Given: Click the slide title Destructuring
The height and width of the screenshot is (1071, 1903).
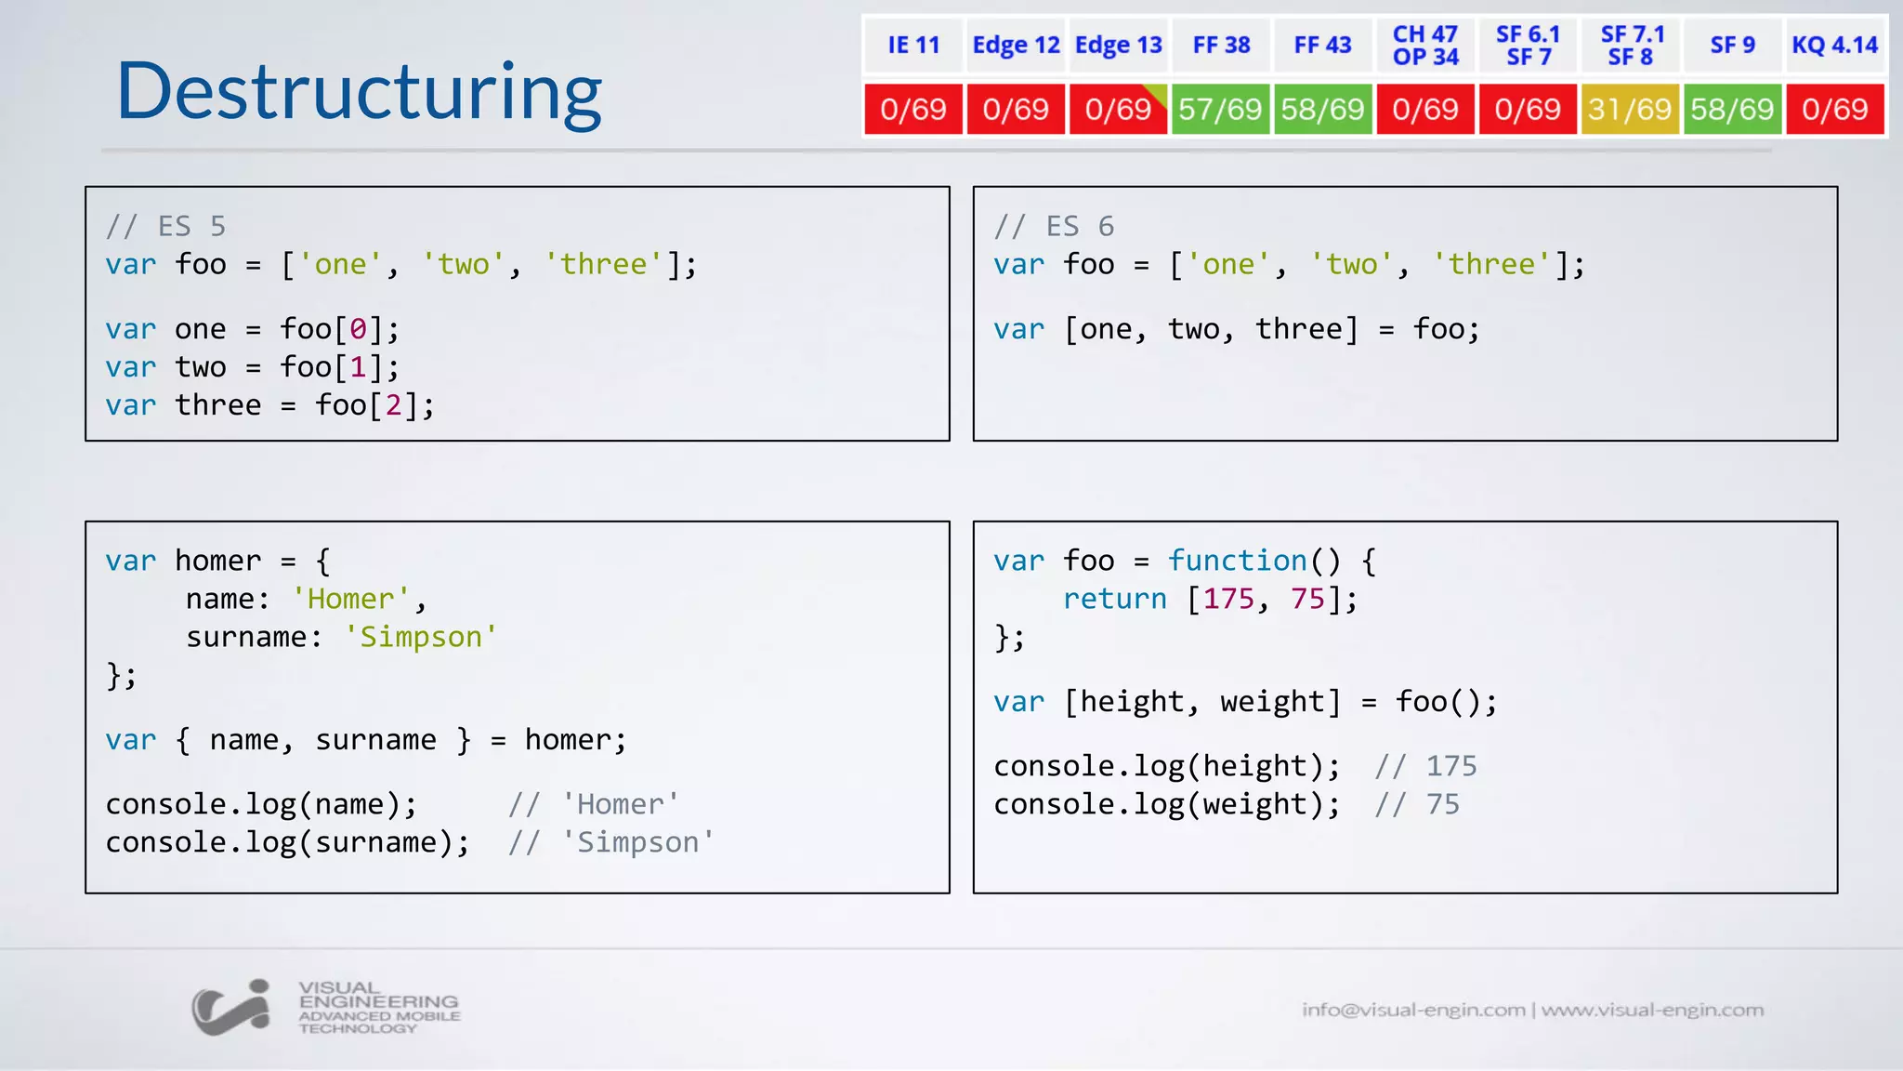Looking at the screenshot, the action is click(x=359, y=91).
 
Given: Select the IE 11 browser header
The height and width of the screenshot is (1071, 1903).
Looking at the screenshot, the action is click(x=913, y=46).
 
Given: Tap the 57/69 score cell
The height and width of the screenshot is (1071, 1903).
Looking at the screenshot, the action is click(x=1220, y=110).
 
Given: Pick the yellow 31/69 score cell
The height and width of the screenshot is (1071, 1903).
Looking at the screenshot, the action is click(x=1630, y=110).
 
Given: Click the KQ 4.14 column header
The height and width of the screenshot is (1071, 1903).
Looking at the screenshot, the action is click(x=1834, y=46).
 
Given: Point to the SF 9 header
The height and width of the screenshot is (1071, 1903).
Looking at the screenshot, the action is click(x=1732, y=46).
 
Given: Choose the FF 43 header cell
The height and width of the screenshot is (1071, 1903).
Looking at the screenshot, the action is click(x=1322, y=46).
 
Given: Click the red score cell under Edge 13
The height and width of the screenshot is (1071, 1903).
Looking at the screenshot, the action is click(x=1118, y=110).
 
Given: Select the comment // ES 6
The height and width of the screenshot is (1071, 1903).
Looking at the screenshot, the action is click(x=1054, y=226).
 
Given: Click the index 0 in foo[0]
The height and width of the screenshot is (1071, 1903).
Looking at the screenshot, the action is click(x=358, y=329).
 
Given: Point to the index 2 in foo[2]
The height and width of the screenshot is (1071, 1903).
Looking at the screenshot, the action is click(x=393, y=405).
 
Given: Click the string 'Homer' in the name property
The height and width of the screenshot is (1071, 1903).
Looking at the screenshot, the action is click(x=350, y=600).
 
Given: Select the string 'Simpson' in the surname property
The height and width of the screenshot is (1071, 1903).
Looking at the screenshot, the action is click(x=420, y=638).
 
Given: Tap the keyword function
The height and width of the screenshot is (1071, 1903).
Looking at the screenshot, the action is click(x=1237, y=561).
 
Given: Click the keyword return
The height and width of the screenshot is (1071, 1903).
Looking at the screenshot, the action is click(x=1114, y=600).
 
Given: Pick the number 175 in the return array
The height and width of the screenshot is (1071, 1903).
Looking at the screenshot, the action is click(x=1228, y=600).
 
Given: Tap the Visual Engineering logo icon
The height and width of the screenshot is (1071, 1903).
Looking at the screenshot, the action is click(x=231, y=1008).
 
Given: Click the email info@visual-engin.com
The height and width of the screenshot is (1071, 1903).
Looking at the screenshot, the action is click(x=1413, y=1010).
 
